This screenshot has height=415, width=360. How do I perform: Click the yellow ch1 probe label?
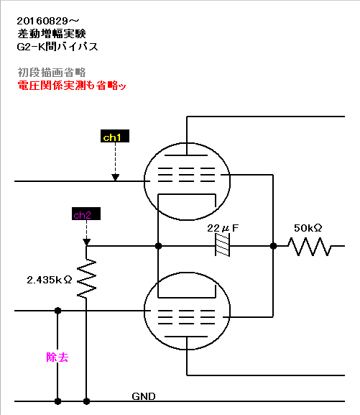(x=115, y=136)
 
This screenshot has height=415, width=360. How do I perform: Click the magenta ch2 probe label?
(x=86, y=214)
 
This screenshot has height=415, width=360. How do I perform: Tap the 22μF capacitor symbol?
(x=223, y=246)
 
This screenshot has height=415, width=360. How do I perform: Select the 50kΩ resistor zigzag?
(x=309, y=247)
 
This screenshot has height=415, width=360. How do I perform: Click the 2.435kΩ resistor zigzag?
(x=86, y=278)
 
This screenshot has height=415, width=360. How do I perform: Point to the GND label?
(x=144, y=396)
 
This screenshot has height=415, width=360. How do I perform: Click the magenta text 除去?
(x=57, y=357)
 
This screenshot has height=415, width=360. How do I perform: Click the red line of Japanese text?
(x=72, y=86)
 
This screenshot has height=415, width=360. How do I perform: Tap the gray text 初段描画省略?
(x=52, y=72)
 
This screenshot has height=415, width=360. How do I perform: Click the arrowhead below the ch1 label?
(x=115, y=178)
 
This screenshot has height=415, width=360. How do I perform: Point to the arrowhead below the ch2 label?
(x=86, y=242)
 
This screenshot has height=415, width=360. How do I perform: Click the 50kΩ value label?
(x=308, y=228)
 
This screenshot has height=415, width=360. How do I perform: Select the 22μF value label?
(x=223, y=228)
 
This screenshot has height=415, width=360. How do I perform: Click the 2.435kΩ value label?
(x=49, y=280)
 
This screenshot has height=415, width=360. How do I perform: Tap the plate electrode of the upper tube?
(x=186, y=155)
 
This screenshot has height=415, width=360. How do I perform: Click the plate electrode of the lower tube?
(x=186, y=337)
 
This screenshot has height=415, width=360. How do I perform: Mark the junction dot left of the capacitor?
(x=158, y=246)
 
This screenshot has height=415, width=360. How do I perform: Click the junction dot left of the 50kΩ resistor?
(x=273, y=246)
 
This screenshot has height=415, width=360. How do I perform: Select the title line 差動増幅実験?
(x=52, y=34)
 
